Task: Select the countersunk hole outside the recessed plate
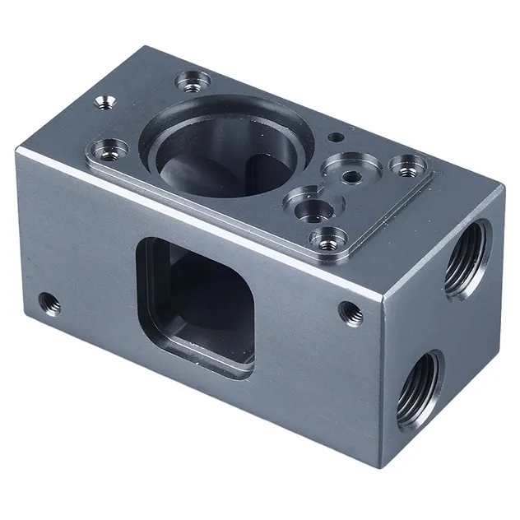pos(104,102)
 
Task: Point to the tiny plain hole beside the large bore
pos(336,137)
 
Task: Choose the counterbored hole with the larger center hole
pos(310,206)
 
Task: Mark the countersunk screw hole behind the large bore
pos(193,81)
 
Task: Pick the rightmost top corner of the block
pos(504,186)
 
